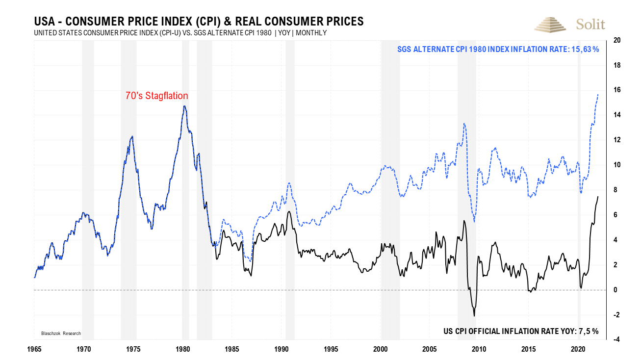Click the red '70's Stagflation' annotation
(156, 96)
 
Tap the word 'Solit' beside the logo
(590, 25)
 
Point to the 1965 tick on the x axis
(34, 349)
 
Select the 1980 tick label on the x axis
(182, 349)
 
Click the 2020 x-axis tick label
(578, 349)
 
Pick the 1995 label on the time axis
(331, 349)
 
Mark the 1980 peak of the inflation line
(184, 106)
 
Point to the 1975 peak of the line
(132, 137)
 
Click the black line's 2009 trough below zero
(474, 316)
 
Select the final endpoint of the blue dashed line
(598, 94)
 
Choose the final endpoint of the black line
(598, 196)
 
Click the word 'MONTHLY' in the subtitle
(311, 33)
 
